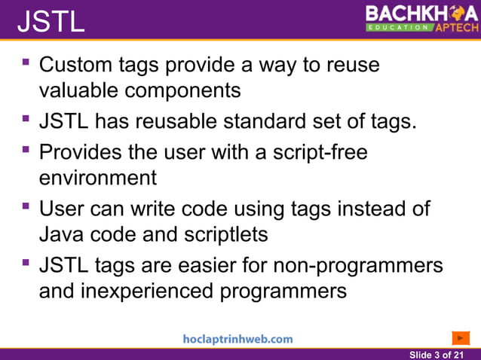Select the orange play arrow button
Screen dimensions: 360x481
coord(461,337)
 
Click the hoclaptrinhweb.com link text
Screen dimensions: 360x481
coord(237,339)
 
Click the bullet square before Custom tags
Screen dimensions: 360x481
coord(27,61)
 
